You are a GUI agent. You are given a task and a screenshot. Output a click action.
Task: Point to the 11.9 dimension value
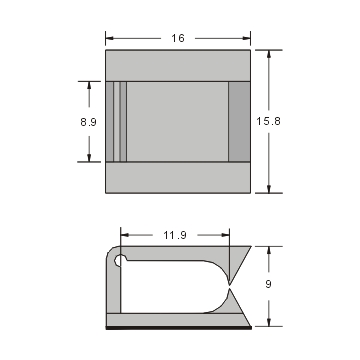(175, 235)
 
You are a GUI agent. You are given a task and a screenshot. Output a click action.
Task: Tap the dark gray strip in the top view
(239, 121)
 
